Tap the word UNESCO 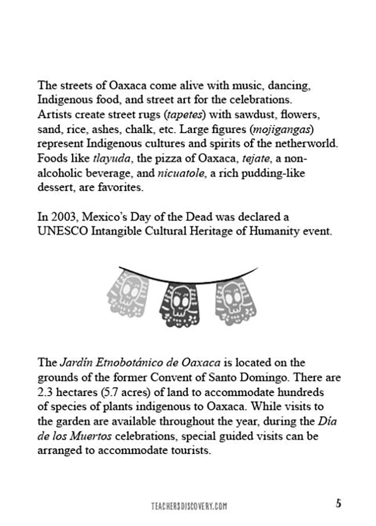[x=61, y=231]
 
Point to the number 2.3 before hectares [x=45, y=393]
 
